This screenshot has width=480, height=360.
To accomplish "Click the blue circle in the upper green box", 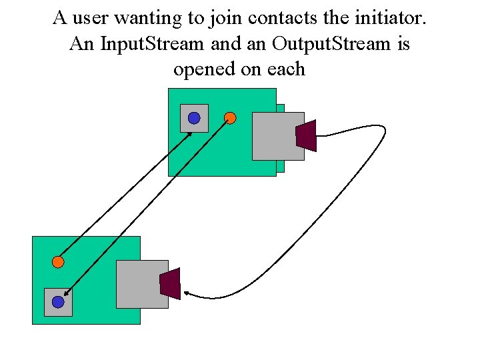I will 193,118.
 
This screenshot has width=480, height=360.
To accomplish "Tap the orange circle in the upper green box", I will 230,118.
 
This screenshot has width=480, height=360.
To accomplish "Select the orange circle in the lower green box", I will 58,262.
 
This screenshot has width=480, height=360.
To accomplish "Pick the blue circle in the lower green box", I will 58,302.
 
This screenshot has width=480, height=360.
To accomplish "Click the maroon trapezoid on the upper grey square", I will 306,135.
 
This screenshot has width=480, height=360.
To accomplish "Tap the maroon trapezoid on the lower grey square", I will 170,283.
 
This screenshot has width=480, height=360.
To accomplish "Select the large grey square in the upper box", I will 277,136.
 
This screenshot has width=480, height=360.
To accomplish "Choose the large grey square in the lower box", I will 141,284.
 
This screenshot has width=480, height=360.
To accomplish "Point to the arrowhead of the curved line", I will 187,293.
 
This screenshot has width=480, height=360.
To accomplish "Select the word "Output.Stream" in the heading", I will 317,44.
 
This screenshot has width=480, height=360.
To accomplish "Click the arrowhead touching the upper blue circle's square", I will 190,134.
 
